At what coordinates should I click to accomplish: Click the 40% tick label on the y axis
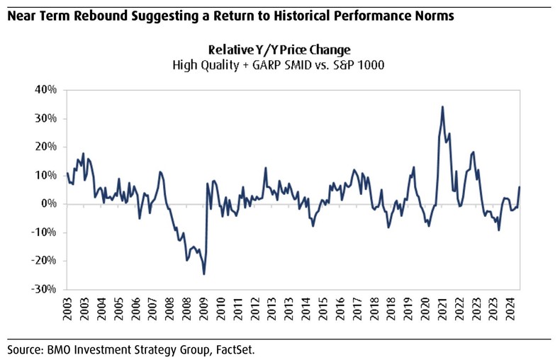coord(45,90)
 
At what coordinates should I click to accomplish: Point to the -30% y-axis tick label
coord(43,289)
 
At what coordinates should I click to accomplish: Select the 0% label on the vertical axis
coord(49,204)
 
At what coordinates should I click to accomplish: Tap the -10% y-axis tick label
coord(43,232)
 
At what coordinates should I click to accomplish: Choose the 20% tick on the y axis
coord(45,147)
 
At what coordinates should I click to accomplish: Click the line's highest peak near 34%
coord(442,107)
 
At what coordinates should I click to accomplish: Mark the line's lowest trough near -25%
coord(204,274)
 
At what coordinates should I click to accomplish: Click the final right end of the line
coord(520,187)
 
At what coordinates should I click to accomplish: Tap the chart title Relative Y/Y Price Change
coord(279,50)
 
